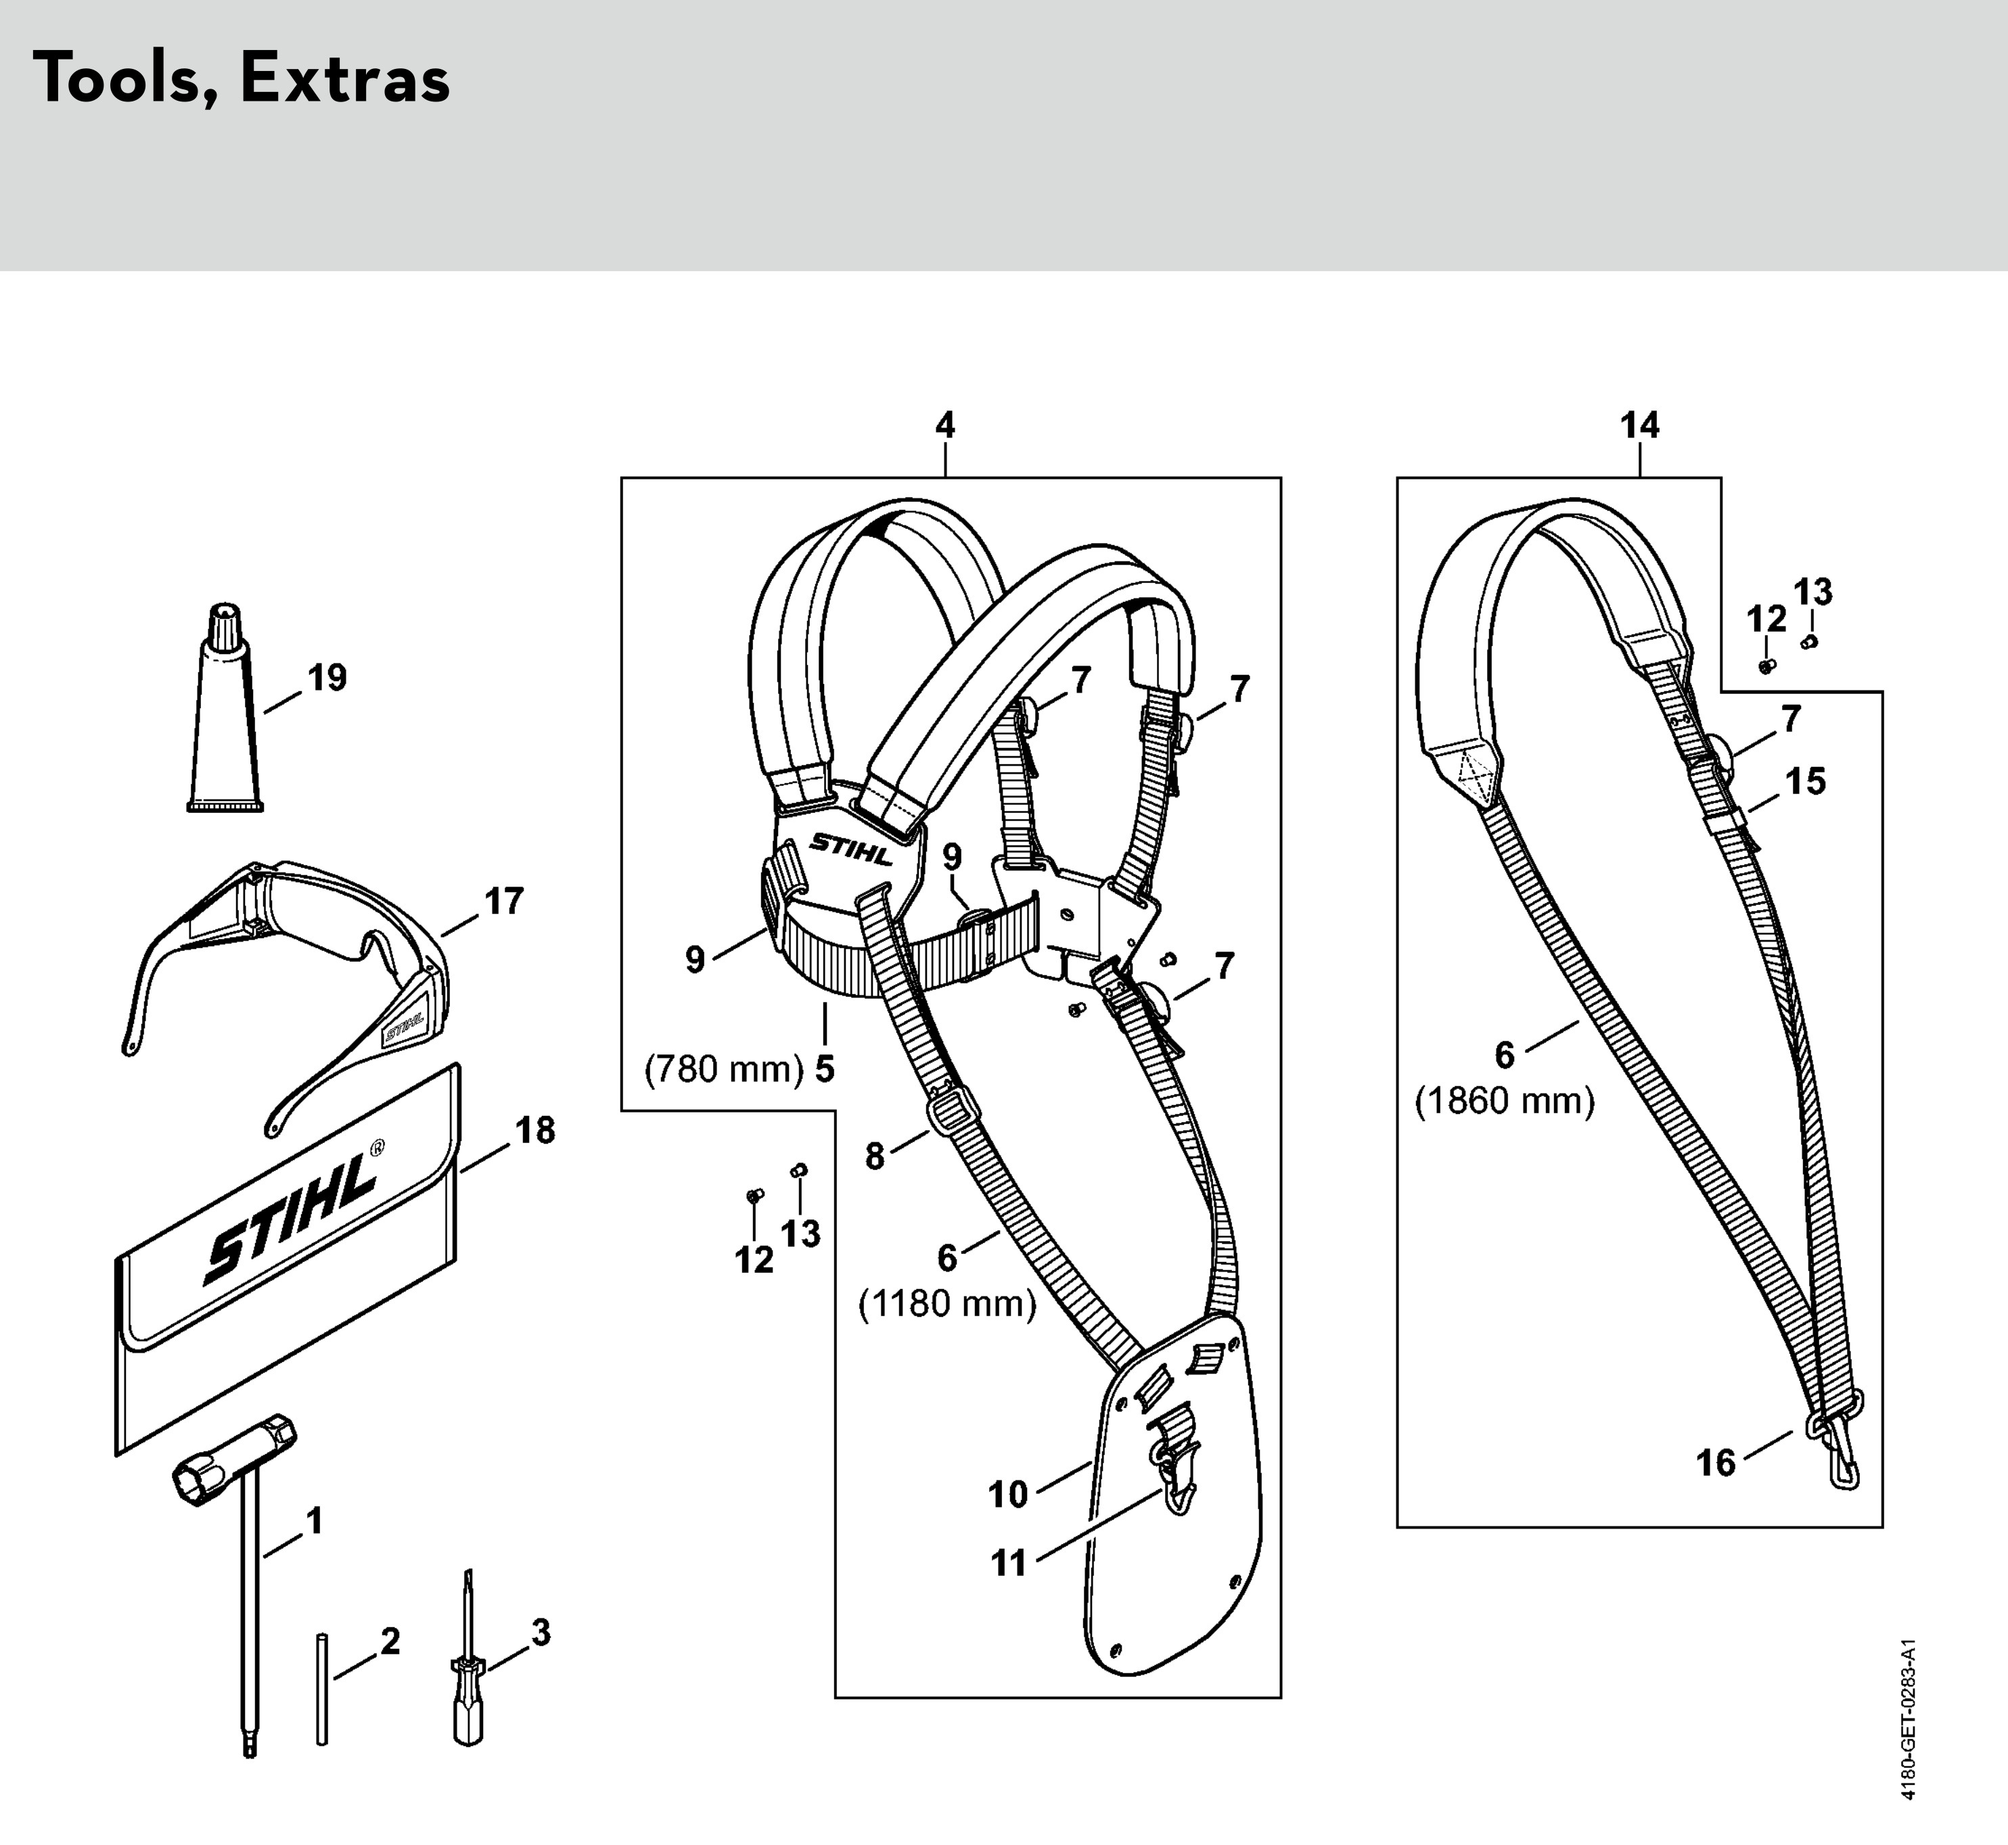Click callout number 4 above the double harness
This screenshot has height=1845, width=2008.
click(944, 426)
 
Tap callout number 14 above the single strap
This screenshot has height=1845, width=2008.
click(1639, 426)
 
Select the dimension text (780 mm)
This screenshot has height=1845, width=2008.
click(724, 1069)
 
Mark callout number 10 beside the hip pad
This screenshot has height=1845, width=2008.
click(1007, 1495)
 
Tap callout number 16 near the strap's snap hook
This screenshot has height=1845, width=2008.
click(1716, 1464)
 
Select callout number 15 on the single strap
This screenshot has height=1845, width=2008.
click(1805, 780)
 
